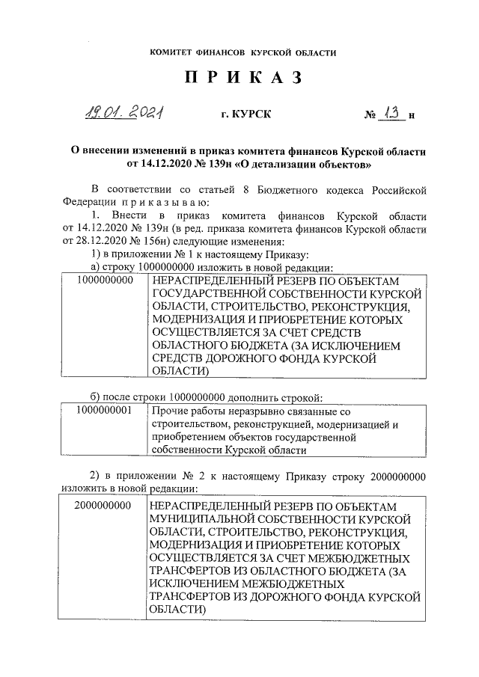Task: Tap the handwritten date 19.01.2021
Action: (126, 113)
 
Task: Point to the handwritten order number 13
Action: (391, 113)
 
